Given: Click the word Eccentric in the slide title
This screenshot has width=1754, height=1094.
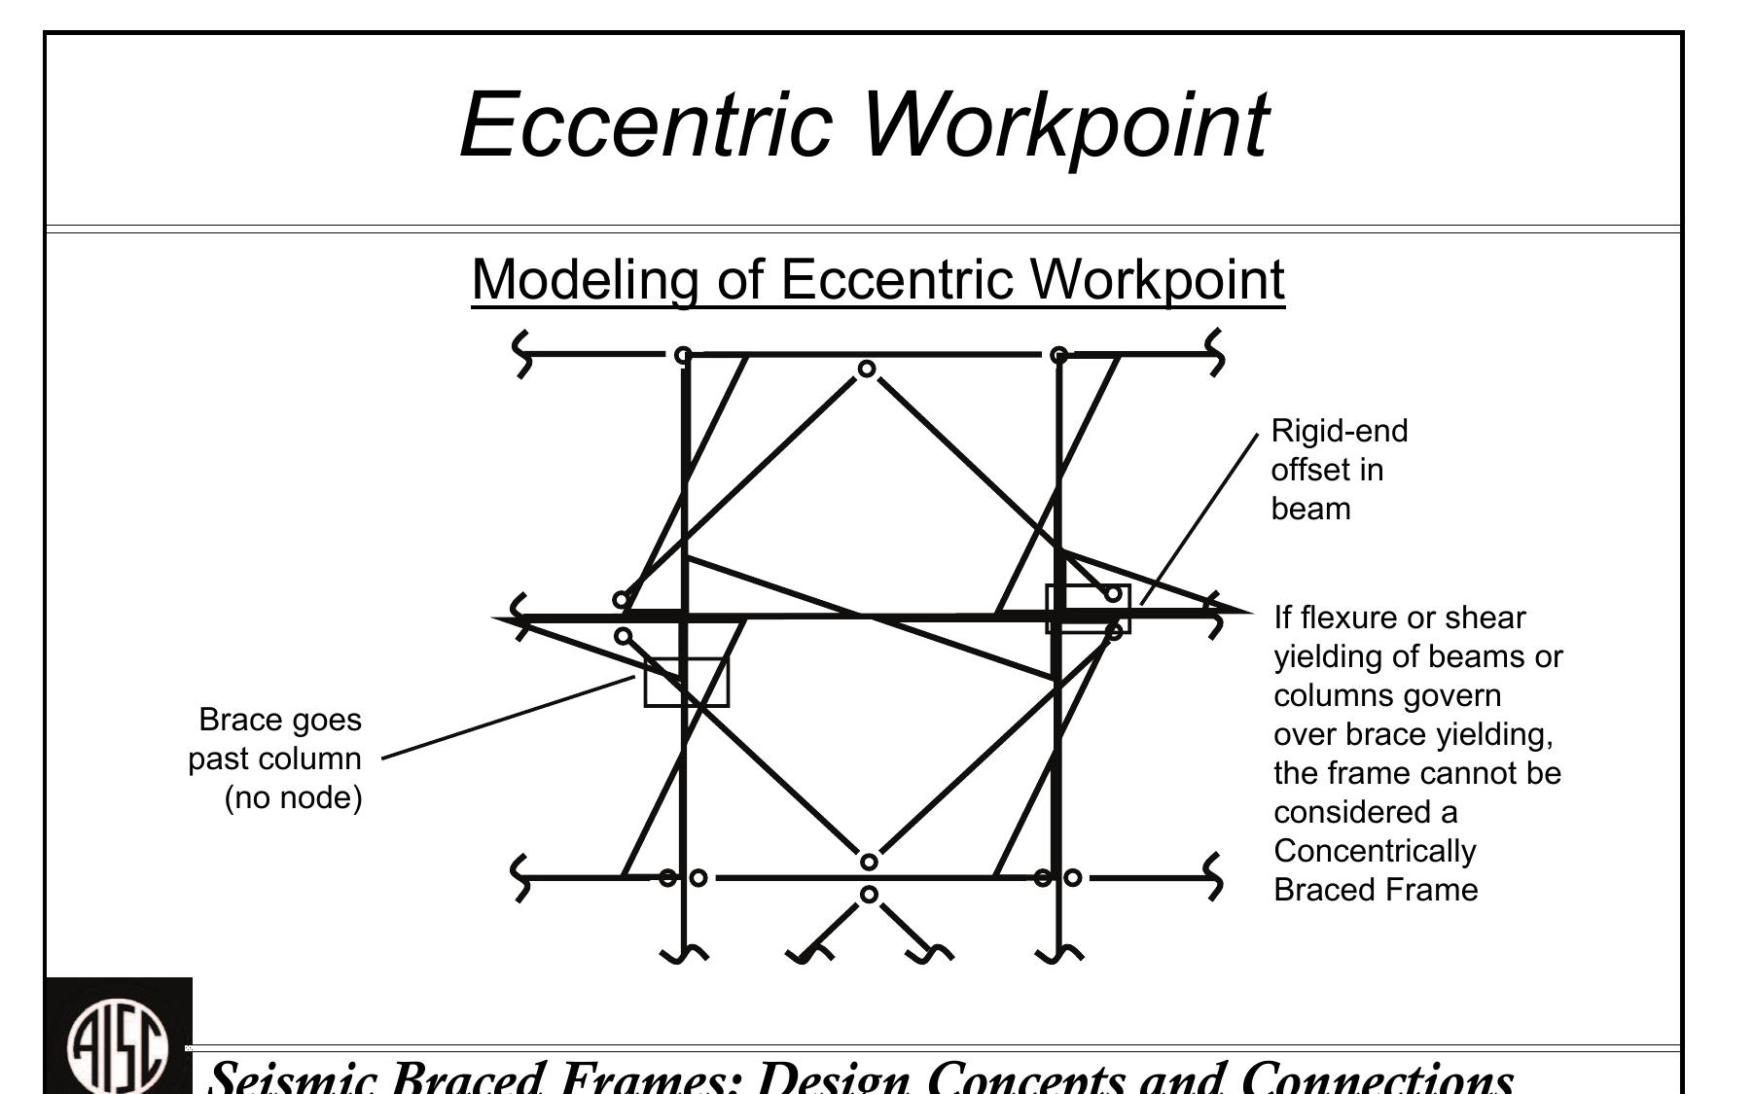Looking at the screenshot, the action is pyautogui.click(x=646, y=124).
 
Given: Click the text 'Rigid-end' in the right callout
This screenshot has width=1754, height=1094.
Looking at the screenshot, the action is pyautogui.click(x=1340, y=431).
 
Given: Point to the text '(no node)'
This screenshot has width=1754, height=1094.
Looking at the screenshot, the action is pyautogui.click(x=294, y=798).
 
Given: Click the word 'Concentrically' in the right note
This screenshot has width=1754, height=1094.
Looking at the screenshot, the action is pyautogui.click(x=1375, y=851).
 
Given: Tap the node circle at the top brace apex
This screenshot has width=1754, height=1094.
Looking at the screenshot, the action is pyautogui.click(x=867, y=369).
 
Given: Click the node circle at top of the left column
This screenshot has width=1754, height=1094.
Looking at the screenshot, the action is pyautogui.click(x=684, y=354).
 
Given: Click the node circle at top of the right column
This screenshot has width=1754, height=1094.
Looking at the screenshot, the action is pyautogui.click(x=1059, y=354).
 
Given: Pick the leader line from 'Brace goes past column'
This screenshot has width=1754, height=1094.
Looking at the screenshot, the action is pyautogui.click(x=509, y=718).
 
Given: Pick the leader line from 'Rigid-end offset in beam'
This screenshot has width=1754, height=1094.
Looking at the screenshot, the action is pyautogui.click(x=1199, y=519).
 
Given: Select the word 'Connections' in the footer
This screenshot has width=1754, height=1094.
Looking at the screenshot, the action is pyautogui.click(x=1377, y=1076).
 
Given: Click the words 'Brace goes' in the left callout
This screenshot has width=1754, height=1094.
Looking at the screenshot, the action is pyautogui.click(x=280, y=721).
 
